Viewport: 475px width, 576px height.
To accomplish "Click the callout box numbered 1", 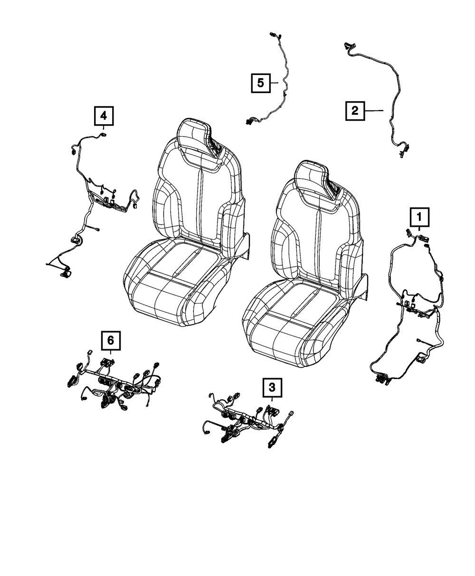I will click(419, 218).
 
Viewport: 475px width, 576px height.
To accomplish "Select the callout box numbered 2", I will click(355, 111).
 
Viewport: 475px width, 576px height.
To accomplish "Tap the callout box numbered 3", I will click(272, 388).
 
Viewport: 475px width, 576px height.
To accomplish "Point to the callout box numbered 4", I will click(104, 115).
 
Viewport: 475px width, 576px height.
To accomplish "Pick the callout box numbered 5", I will click(261, 83).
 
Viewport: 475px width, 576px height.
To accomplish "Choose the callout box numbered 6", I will click(110, 340).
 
